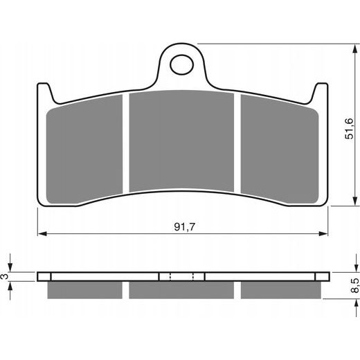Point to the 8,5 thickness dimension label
(x=354, y=285)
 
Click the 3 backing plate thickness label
(x=6, y=276)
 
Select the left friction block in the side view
(x=85, y=289)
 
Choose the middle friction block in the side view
(x=182, y=289)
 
